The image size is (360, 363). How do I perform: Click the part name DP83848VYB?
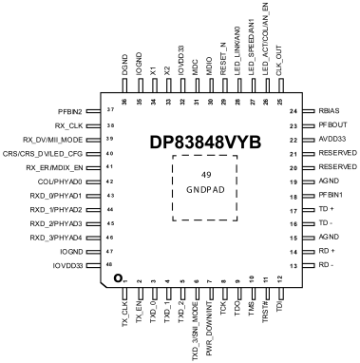tap(205, 143)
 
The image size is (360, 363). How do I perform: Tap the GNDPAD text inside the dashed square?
tap(205, 190)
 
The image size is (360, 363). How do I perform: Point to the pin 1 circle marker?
tap(118, 278)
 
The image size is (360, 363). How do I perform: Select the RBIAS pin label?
tap(329, 111)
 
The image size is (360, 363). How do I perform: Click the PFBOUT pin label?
tap(332, 124)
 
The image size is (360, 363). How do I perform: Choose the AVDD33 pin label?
tap(332, 139)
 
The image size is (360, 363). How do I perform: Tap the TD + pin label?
tap(327, 209)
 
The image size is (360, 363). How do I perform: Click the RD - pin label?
tap(326, 265)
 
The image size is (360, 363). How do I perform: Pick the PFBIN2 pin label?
tap(70, 111)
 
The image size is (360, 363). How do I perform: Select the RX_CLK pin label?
tap(68, 125)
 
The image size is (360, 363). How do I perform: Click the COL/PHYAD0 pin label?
tap(60, 181)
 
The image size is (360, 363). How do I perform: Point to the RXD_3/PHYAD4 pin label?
tap(56, 238)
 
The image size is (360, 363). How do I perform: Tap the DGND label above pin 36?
tap(125, 65)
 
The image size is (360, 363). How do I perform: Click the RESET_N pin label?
tap(223, 59)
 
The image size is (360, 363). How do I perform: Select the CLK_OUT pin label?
tap(278, 61)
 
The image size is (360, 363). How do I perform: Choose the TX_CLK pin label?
tap(125, 315)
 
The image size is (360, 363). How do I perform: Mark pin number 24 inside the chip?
tap(294, 111)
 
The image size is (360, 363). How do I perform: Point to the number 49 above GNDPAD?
tap(206, 175)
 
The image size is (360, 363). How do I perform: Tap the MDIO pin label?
tap(209, 67)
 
